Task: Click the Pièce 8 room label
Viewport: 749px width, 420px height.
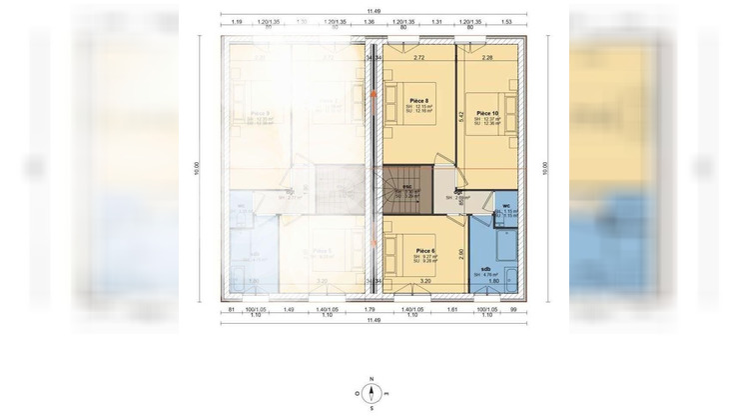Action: click(x=419, y=101)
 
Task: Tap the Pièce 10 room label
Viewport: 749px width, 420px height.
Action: click(x=487, y=113)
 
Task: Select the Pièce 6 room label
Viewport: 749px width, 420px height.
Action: click(x=423, y=250)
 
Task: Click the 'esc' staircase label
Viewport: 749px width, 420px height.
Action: click(x=408, y=186)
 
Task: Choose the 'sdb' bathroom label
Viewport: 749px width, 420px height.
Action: click(x=485, y=269)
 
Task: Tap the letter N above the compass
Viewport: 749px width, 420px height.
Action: click(x=372, y=379)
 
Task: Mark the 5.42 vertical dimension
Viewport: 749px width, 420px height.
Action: click(x=460, y=115)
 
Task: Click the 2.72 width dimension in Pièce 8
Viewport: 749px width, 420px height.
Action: click(x=418, y=57)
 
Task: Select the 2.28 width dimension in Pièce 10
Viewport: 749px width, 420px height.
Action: click(x=487, y=57)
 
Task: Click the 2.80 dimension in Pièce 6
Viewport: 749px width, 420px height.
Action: click(x=460, y=254)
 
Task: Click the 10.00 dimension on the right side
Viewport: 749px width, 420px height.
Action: click(x=545, y=167)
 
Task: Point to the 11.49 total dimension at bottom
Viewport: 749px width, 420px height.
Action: click(x=374, y=320)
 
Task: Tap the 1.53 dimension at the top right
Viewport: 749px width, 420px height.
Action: click(x=506, y=20)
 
